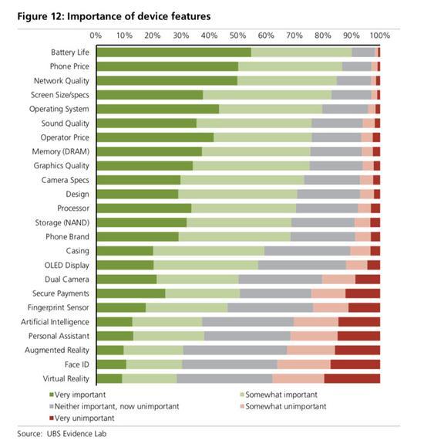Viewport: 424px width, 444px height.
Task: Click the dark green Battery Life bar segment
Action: pos(174,53)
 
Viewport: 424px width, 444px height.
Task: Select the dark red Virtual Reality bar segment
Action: pos(352,378)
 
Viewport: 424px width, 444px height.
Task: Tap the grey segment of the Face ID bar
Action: pos(230,364)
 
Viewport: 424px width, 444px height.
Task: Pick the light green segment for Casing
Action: pos(209,251)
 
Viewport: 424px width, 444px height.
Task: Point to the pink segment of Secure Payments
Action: pos(328,293)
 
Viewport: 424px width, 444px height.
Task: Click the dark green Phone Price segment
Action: pos(167,66)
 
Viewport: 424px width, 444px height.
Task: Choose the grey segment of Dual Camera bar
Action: pos(281,280)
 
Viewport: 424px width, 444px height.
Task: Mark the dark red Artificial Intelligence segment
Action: pos(359,322)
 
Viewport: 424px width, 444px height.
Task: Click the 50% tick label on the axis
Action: pos(237,36)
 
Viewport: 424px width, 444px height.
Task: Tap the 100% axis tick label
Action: pos(380,36)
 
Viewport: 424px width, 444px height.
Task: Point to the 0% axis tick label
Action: pos(96,36)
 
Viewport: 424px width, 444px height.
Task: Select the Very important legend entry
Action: pos(77,395)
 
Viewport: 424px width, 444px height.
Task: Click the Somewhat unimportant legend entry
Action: pos(283,407)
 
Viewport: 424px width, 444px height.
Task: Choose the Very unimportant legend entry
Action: pos(82,419)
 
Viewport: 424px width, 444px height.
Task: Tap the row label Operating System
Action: pos(59,109)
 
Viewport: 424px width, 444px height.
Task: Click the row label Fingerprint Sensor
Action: pos(59,307)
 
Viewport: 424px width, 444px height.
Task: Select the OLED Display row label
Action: pos(67,266)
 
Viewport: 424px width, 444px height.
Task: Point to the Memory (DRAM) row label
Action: pos(60,152)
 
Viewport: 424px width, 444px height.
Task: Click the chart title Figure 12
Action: pos(114,16)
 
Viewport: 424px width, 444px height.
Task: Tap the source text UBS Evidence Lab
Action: pos(76,434)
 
